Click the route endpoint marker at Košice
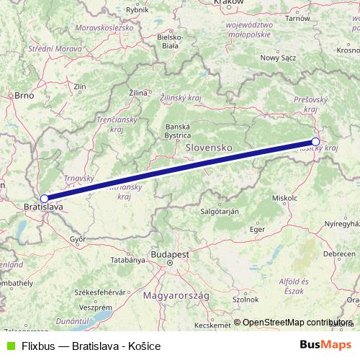coord(315,141)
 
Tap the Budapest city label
coord(170,255)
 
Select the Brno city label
coord(24,94)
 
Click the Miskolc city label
coord(285,197)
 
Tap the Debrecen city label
coord(339,254)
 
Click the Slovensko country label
coord(209,146)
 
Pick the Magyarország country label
coord(176,296)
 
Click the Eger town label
coord(257,229)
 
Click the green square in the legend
coord(9,346)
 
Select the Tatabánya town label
coord(127,259)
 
